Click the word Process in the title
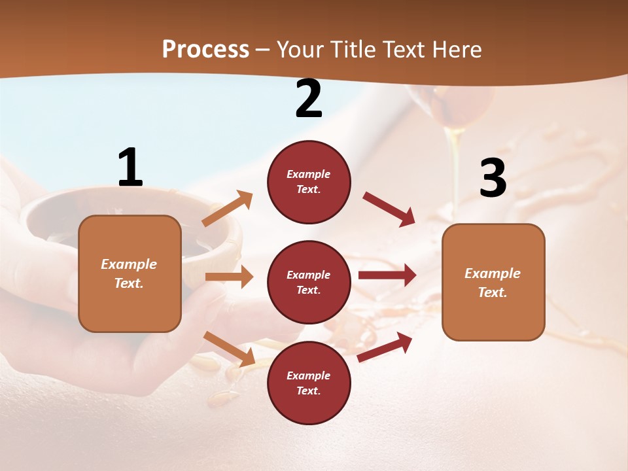[205, 50]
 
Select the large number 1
[130, 167]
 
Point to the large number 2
[309, 99]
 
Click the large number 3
[493, 178]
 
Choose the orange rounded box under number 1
[130, 273]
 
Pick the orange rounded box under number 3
[493, 282]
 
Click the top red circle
[309, 182]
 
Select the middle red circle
[309, 282]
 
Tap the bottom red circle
[309, 383]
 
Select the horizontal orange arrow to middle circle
[229, 277]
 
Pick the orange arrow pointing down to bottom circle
[230, 349]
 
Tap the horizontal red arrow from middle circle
[387, 275]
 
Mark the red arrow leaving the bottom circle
[385, 347]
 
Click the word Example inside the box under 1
[129, 264]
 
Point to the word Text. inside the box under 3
[493, 292]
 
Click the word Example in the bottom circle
[309, 375]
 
